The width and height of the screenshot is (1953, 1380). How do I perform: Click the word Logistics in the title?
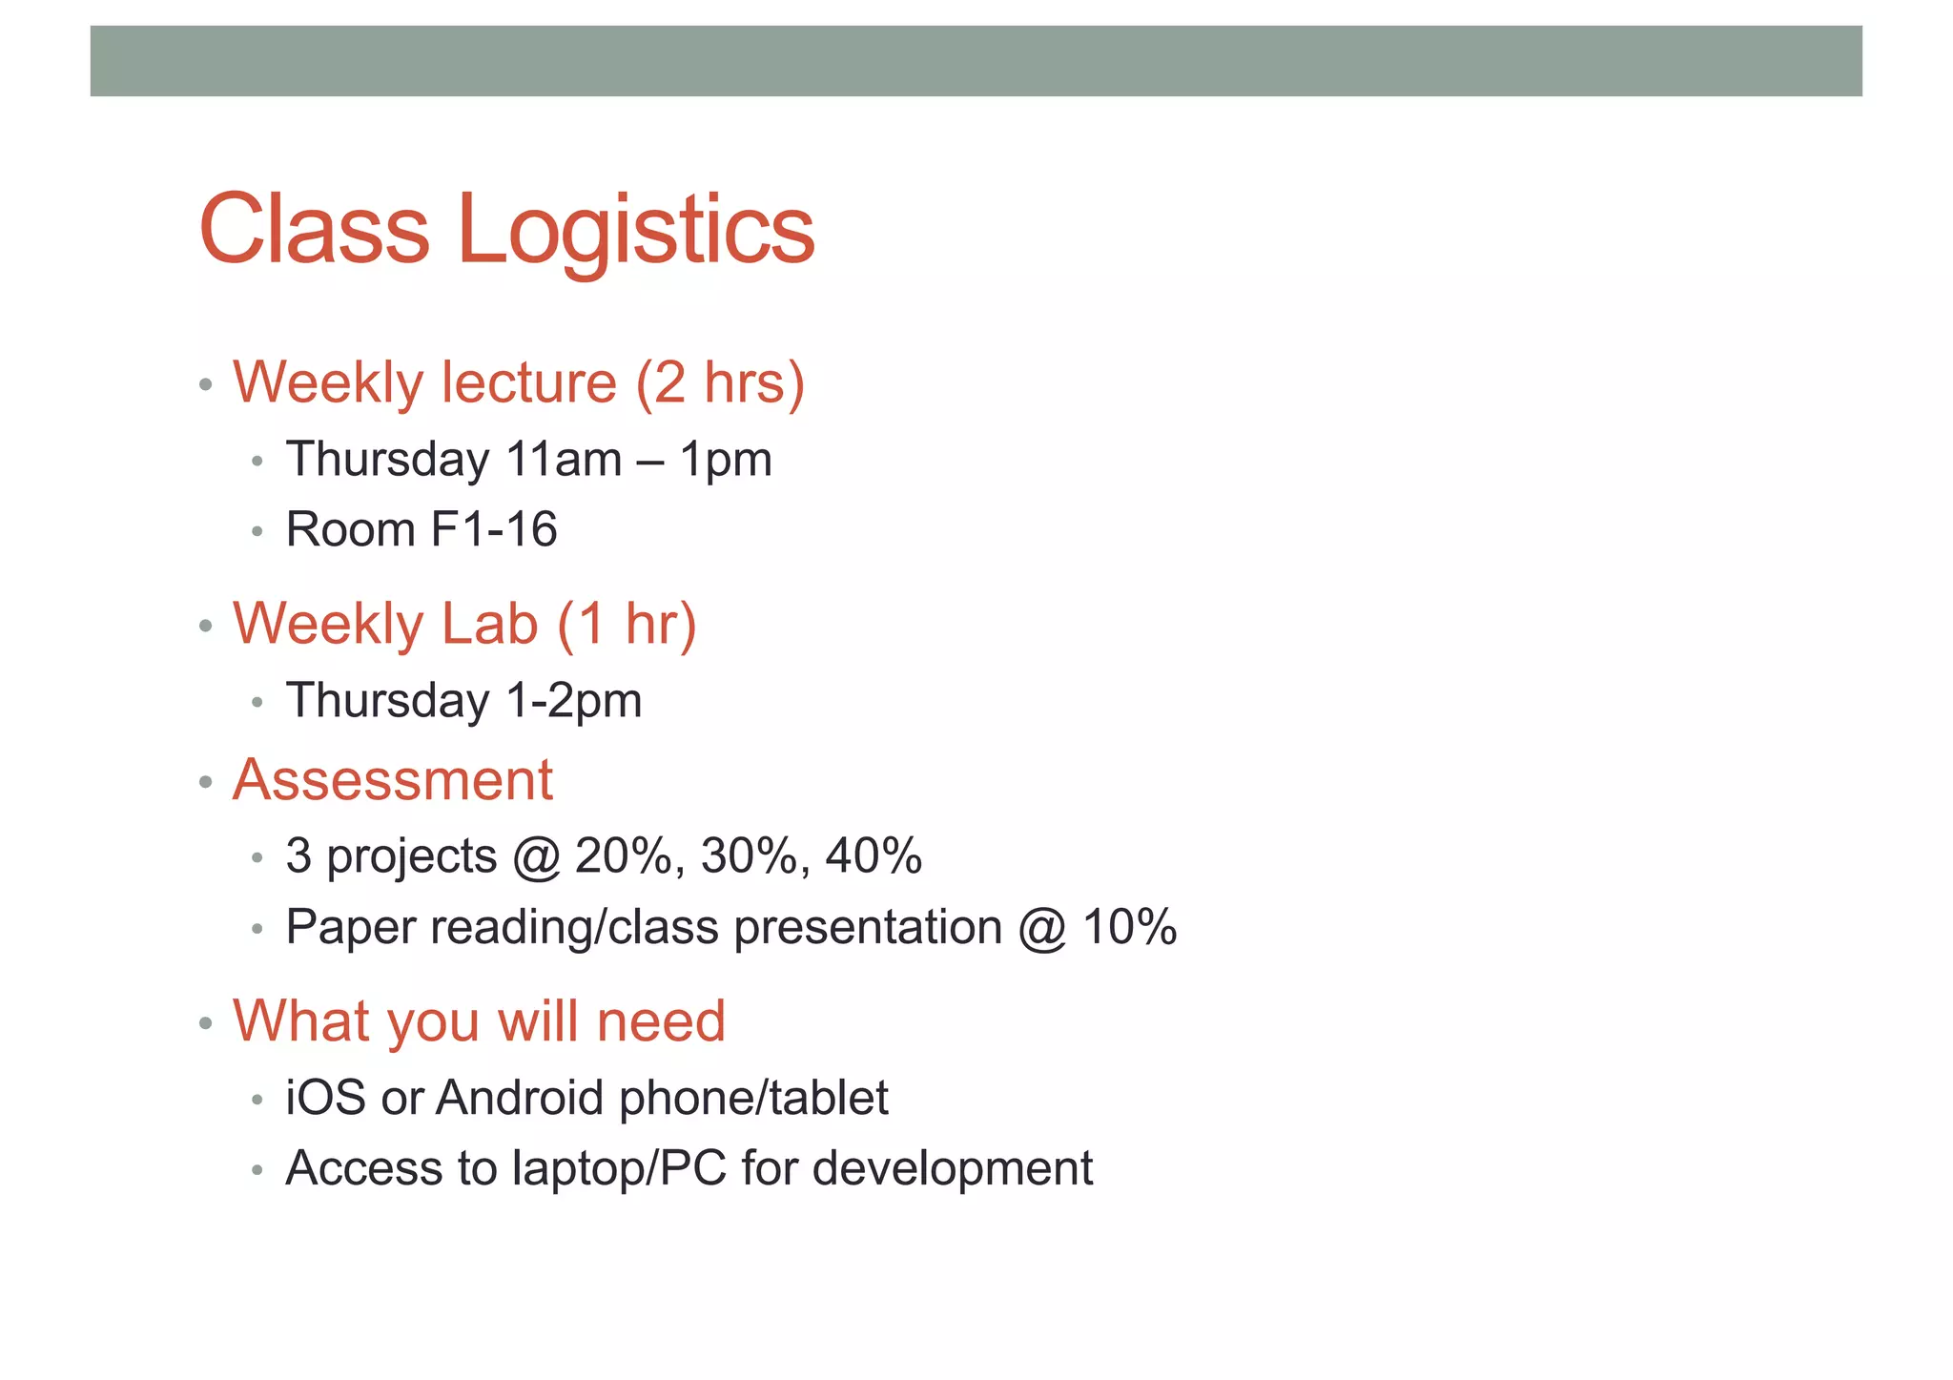pos(636,231)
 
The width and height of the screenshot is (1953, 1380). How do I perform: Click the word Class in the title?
pos(315,231)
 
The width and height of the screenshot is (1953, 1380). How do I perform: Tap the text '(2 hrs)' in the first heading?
pos(720,383)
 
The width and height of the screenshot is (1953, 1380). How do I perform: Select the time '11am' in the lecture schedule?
pos(564,460)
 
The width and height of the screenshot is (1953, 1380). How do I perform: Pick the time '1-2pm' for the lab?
pos(574,701)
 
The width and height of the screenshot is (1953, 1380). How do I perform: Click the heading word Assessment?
pos(393,780)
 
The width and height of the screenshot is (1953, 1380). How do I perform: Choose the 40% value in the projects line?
pos(874,856)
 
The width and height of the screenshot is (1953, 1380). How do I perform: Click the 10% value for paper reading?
pos(1130,928)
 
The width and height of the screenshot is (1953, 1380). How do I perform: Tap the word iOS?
pos(325,1099)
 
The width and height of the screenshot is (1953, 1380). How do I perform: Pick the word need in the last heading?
pos(661,1021)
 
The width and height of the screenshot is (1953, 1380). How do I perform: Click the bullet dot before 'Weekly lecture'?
pos(205,385)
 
